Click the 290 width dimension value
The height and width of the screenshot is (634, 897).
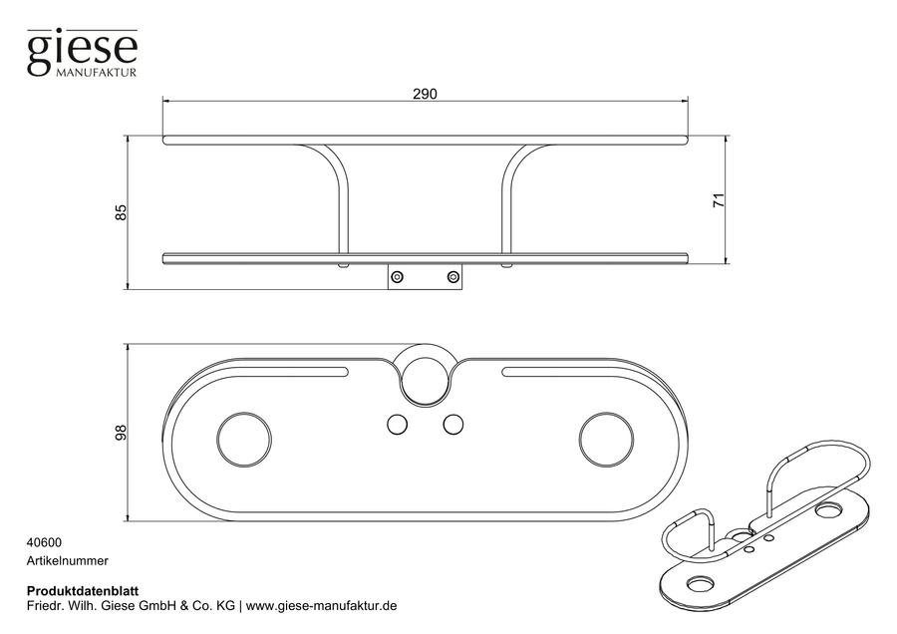(x=425, y=94)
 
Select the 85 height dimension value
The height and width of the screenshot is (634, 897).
(x=121, y=213)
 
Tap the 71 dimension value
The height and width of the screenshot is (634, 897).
(x=719, y=200)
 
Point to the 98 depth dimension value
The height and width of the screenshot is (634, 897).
(x=121, y=434)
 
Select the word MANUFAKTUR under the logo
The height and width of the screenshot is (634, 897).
(x=96, y=73)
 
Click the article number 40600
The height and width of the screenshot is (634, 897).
(x=44, y=542)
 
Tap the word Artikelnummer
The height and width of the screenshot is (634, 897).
(x=68, y=561)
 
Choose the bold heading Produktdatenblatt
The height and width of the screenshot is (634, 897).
(x=83, y=591)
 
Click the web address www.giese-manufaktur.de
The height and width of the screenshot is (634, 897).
(x=322, y=606)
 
